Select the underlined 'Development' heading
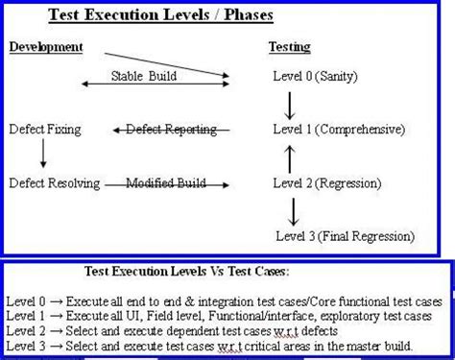pyautogui.click(x=45, y=47)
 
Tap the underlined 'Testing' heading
pyautogui.click(x=288, y=47)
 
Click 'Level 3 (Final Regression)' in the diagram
pyautogui.click(x=345, y=235)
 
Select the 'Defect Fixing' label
pyautogui.click(x=44, y=128)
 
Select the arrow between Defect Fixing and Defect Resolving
pyautogui.click(x=42, y=155)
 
